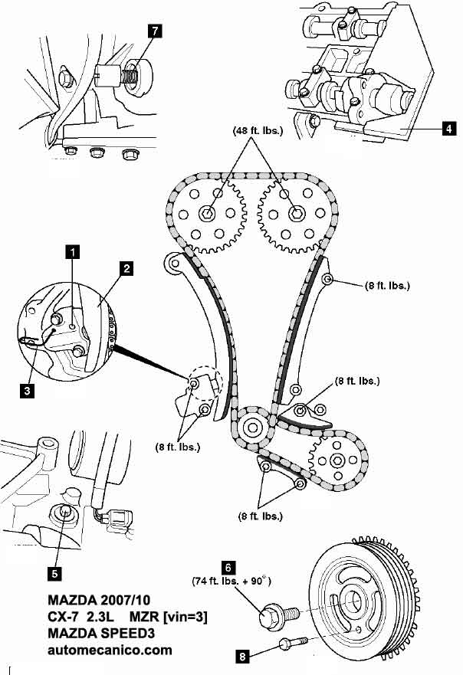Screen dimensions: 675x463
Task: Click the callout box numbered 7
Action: point(156,31)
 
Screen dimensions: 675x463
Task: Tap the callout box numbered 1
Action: point(72,251)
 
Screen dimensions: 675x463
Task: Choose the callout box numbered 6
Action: point(228,568)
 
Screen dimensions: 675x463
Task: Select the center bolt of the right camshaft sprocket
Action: point(296,212)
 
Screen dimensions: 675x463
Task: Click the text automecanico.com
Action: point(109,650)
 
